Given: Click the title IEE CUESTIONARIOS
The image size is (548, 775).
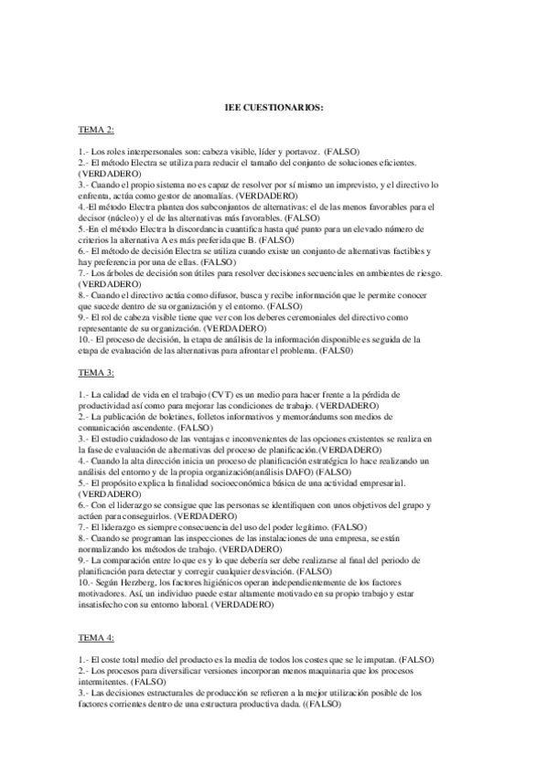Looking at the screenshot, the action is [x=274, y=108].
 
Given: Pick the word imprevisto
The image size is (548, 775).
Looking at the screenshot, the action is [x=344, y=184].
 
